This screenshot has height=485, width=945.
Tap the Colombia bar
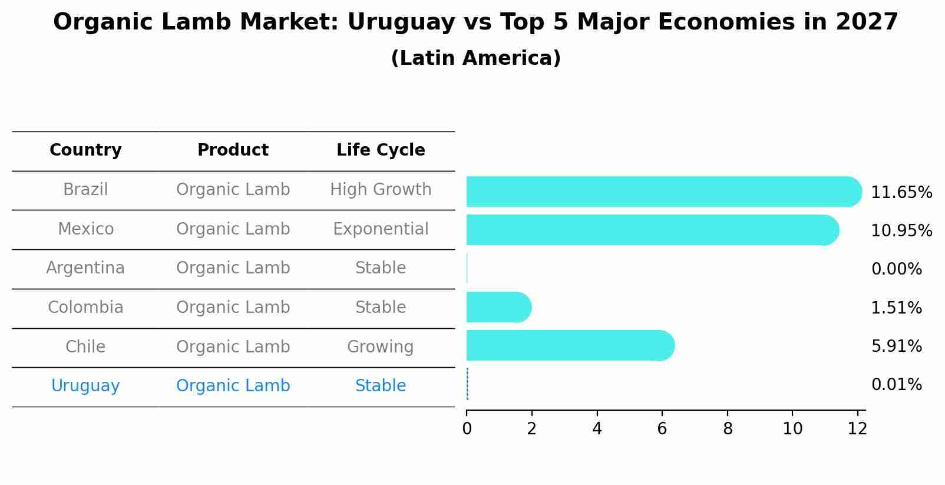pos(498,307)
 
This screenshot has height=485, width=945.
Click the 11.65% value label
pos(901,193)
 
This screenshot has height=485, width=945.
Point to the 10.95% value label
pos(901,231)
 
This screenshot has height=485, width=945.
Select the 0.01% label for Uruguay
pos(896,385)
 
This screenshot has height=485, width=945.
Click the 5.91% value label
pos(896,347)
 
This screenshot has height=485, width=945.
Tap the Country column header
pos(85,150)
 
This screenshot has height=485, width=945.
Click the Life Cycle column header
pos(381,150)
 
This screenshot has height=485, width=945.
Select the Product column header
pos(233,150)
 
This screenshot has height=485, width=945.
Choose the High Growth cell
pos(381,190)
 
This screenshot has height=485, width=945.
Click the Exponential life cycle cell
pos(381,229)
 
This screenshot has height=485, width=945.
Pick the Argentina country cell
pos(85,268)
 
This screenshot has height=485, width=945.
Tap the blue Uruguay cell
pos(85,386)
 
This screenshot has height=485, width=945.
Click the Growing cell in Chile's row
pos(380,347)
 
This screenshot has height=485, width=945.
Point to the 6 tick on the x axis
pos(662,429)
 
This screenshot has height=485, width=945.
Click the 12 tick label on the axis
pos(857,429)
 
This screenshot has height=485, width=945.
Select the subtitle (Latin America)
pos(475,58)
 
